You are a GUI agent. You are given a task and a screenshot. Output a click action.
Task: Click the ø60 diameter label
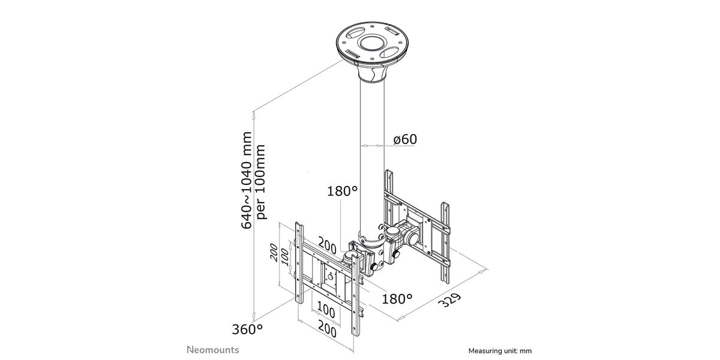[x=406, y=139]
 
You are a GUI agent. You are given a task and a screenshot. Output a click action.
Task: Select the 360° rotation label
[x=247, y=329]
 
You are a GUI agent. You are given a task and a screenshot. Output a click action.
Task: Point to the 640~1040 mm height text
[x=247, y=180]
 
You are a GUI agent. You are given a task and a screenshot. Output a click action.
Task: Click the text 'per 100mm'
[x=260, y=182]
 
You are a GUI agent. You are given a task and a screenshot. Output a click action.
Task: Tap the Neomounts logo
[x=213, y=350]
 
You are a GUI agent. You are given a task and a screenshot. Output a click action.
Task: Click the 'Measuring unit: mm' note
[x=500, y=351]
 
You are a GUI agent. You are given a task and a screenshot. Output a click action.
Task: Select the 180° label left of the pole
[x=343, y=191]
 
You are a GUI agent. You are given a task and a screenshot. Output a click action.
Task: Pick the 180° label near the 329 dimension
[x=397, y=299]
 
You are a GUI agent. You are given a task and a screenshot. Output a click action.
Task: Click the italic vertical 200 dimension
[x=274, y=253]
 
